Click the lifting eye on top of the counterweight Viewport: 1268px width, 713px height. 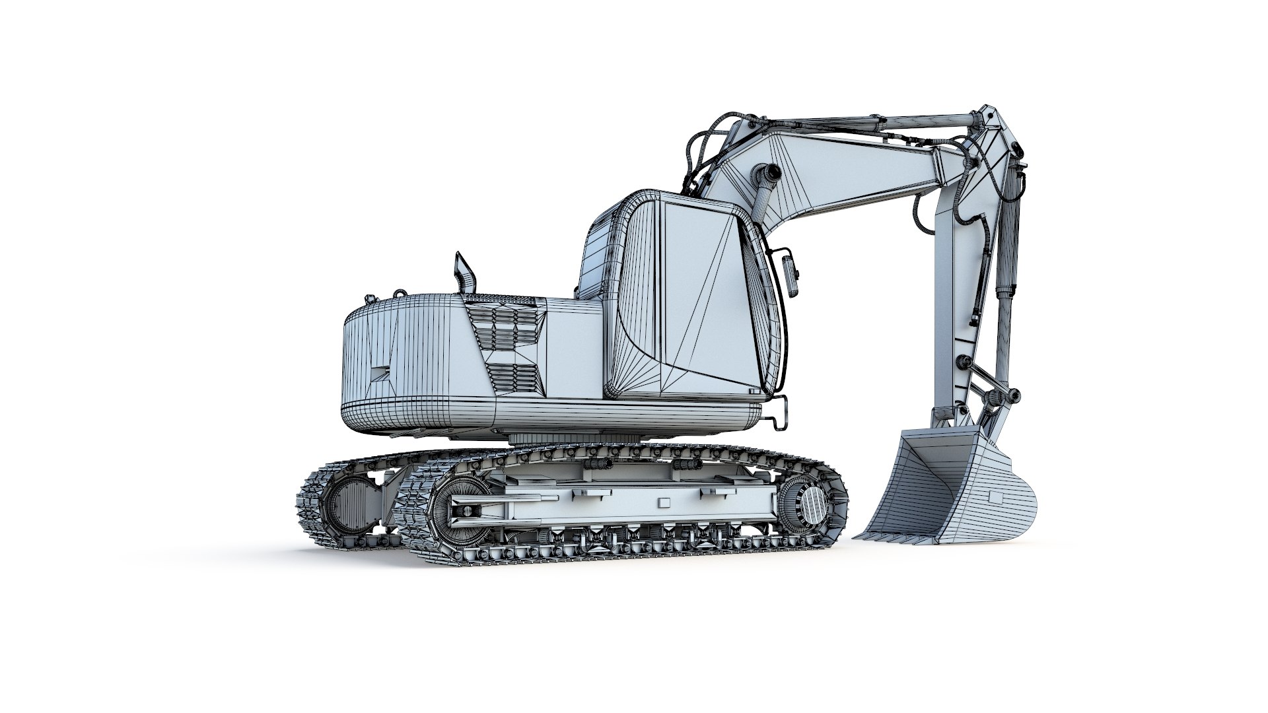tap(398, 293)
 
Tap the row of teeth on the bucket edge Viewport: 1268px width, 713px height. tap(898, 539)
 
